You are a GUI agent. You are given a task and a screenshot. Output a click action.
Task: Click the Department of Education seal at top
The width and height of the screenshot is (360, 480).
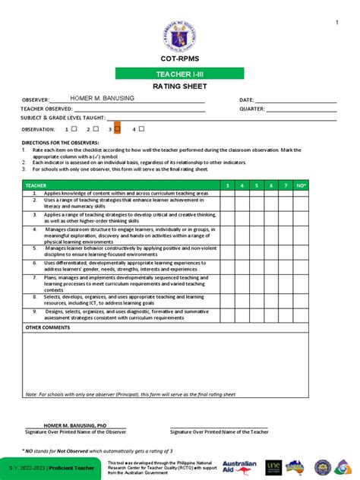tap(179, 27)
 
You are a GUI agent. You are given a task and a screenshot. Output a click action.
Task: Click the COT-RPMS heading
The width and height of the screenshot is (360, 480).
tap(179, 58)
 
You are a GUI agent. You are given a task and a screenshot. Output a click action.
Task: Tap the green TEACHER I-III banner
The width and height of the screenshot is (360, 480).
tap(179, 74)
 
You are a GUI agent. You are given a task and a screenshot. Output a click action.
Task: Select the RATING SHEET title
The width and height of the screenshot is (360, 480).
tap(179, 87)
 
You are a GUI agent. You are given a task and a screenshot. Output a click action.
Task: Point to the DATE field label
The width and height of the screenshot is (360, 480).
tap(246, 100)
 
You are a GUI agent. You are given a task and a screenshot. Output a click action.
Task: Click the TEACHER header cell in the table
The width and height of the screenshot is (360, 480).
tap(36, 185)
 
